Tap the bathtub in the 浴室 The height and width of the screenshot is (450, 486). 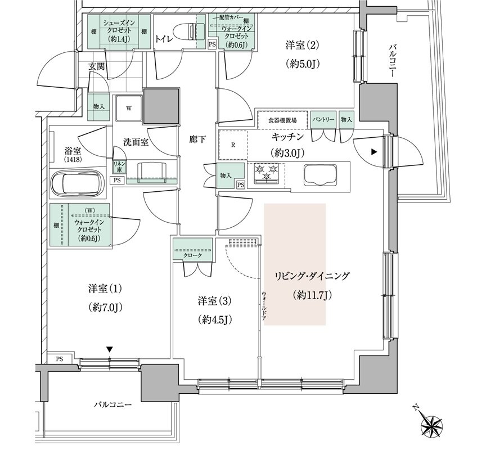76,183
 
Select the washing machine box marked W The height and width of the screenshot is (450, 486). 128,109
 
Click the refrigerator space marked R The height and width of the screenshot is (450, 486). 233,144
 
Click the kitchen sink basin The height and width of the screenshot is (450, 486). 320,174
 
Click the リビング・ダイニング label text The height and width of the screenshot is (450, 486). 312,276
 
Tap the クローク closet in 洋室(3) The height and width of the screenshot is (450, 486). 192,254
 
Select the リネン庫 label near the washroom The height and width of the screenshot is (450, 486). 119,166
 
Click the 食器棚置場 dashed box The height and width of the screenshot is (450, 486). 282,120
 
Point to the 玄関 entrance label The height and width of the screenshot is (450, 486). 98,66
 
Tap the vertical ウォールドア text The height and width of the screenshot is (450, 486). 263,307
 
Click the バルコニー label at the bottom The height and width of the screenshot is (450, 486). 113,404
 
